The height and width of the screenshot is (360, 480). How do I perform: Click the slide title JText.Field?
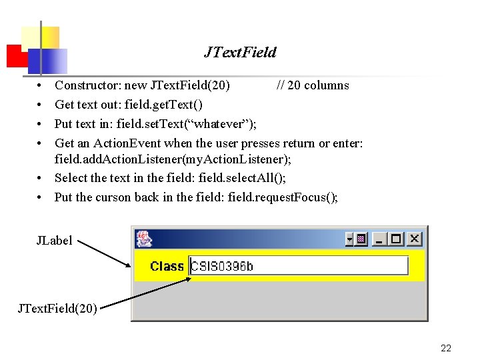(x=239, y=52)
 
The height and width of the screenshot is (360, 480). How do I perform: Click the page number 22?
(x=446, y=348)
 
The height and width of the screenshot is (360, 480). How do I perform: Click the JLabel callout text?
(x=54, y=241)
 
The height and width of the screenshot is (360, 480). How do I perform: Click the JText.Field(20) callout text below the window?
(x=57, y=308)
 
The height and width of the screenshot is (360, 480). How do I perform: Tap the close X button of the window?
(x=414, y=239)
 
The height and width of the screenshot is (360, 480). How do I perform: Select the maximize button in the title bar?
(x=397, y=239)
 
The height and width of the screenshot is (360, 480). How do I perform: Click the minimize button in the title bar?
(x=380, y=239)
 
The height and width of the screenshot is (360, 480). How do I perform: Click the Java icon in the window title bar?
(x=143, y=239)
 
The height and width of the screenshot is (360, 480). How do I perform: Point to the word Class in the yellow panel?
(x=167, y=266)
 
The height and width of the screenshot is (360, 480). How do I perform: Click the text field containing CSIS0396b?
(x=299, y=265)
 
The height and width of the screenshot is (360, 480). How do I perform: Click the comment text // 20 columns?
(x=313, y=85)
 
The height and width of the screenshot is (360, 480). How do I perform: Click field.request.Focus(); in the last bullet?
(x=283, y=197)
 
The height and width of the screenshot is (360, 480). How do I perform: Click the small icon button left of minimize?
(x=361, y=239)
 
